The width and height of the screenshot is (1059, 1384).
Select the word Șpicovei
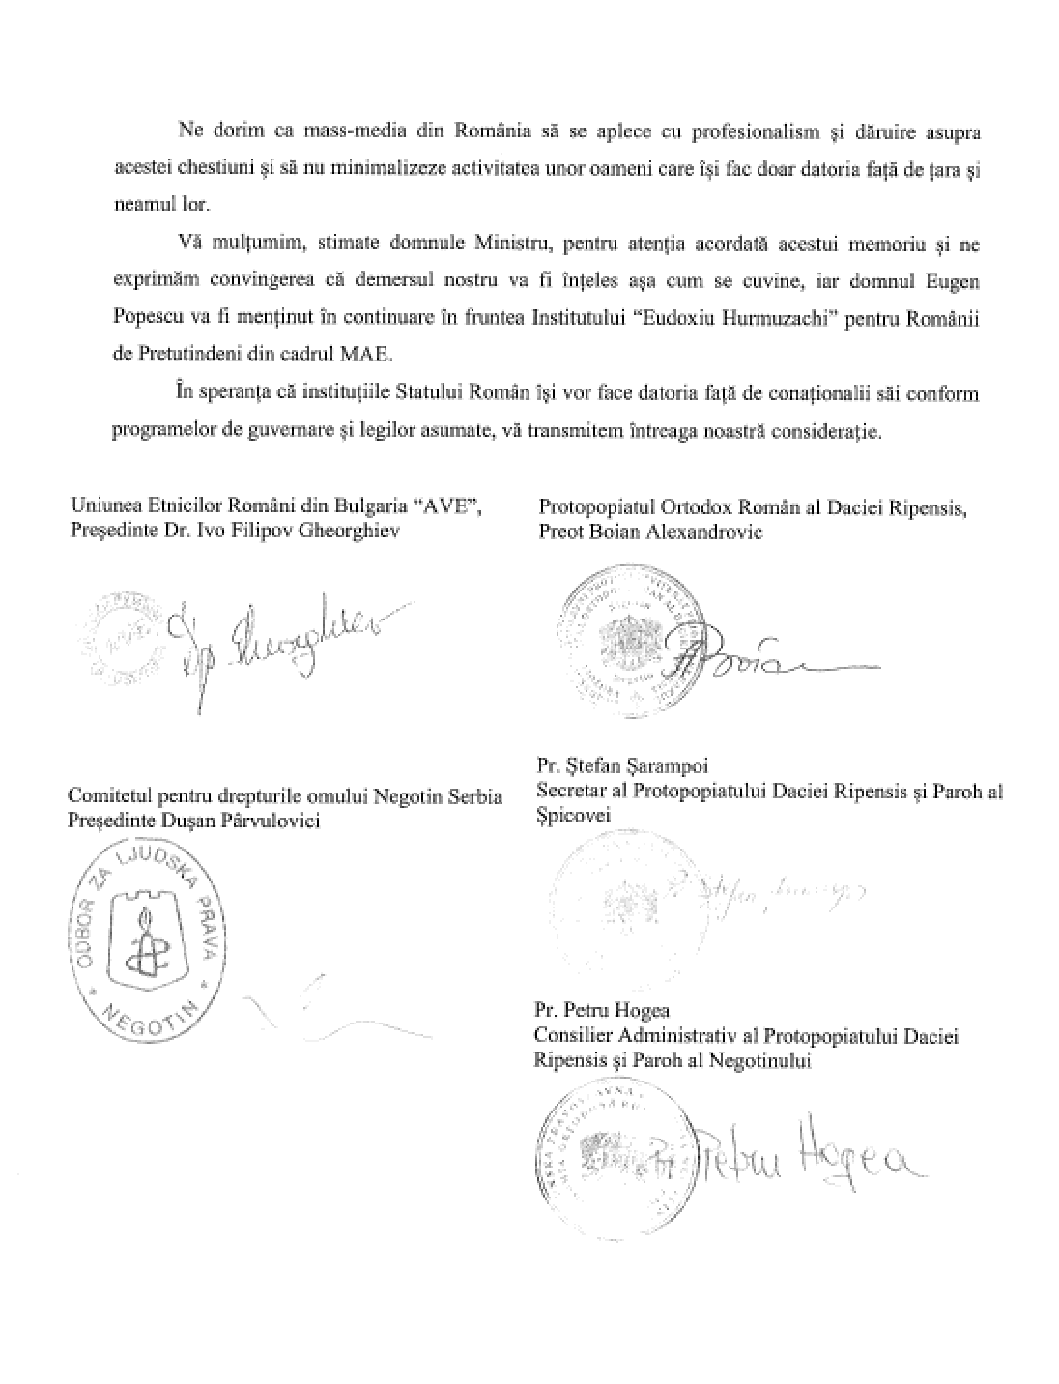572,817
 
